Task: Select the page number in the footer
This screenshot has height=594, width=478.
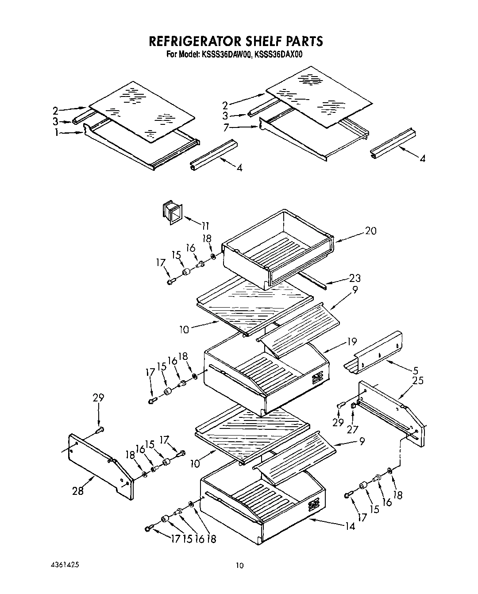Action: [239, 566]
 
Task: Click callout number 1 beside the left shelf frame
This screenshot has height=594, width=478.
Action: [56, 132]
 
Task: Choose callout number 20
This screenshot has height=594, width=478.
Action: [370, 231]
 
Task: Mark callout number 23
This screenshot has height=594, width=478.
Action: [355, 278]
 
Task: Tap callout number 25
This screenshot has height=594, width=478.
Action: [417, 381]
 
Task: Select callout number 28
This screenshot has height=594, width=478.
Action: [78, 490]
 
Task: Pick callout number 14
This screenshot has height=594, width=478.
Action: [350, 527]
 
